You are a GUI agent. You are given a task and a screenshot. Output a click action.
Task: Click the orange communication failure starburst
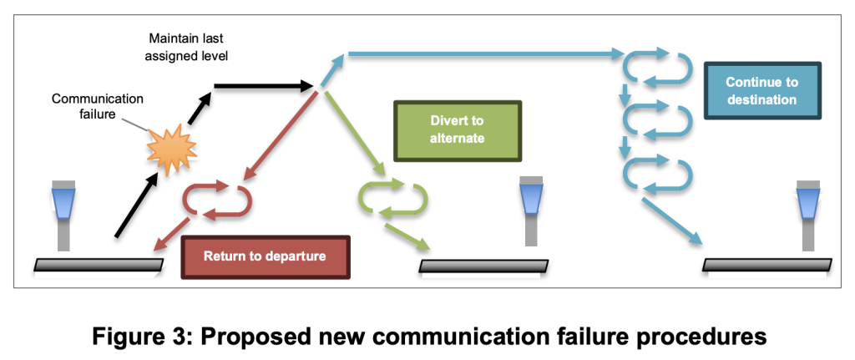(171, 150)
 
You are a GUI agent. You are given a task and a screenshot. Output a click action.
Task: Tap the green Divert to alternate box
(458, 130)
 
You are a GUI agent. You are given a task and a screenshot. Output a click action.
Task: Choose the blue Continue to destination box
(761, 91)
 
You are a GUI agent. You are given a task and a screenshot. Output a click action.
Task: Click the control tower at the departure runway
(63, 213)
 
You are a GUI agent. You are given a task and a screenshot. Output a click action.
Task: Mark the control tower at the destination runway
(807, 213)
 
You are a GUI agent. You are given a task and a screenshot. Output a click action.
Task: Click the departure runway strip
(99, 265)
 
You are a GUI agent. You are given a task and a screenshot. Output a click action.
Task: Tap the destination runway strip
(767, 265)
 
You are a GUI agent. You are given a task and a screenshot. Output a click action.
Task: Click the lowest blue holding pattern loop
(660, 175)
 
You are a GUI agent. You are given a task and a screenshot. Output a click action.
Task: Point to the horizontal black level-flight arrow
(262, 85)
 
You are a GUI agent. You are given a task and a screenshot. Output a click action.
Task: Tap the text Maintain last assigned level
(189, 48)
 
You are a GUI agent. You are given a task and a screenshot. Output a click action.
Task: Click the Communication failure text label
(98, 106)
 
